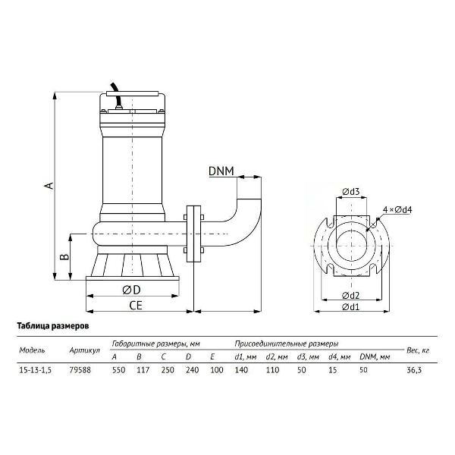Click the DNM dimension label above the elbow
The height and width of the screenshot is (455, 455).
(221, 171)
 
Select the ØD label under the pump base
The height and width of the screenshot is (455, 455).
(131, 290)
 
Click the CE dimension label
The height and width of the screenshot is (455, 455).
(136, 306)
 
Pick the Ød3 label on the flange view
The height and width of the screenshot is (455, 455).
(351, 192)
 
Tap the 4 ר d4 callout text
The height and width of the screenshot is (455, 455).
(397, 209)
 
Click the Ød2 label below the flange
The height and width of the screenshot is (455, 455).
(351, 296)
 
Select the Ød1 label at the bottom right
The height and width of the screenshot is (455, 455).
(351, 306)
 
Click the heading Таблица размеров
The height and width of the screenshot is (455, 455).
(53, 326)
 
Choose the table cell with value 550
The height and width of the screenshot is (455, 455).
(119, 370)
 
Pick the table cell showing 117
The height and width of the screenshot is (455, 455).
(143, 370)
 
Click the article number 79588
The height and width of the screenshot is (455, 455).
(80, 370)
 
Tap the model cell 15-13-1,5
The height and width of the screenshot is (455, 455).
(35, 370)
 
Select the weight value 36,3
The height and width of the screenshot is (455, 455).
(414, 370)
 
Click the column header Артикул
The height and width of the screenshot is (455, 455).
(84, 350)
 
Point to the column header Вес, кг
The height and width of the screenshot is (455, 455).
(418, 350)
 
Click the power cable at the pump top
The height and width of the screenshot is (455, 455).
(118, 96)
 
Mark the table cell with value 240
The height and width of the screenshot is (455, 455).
(192, 370)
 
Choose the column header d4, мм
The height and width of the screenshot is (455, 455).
(340, 357)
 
